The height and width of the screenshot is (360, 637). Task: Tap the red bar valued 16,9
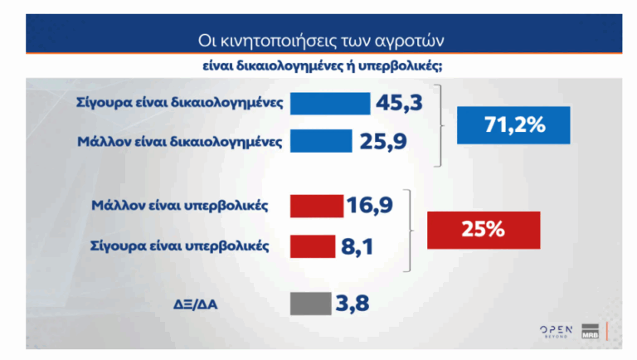click(317, 206)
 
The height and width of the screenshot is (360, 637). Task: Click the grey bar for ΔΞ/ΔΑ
click(306, 304)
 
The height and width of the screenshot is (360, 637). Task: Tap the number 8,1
click(357, 246)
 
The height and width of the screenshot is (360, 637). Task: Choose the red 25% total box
click(483, 230)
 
